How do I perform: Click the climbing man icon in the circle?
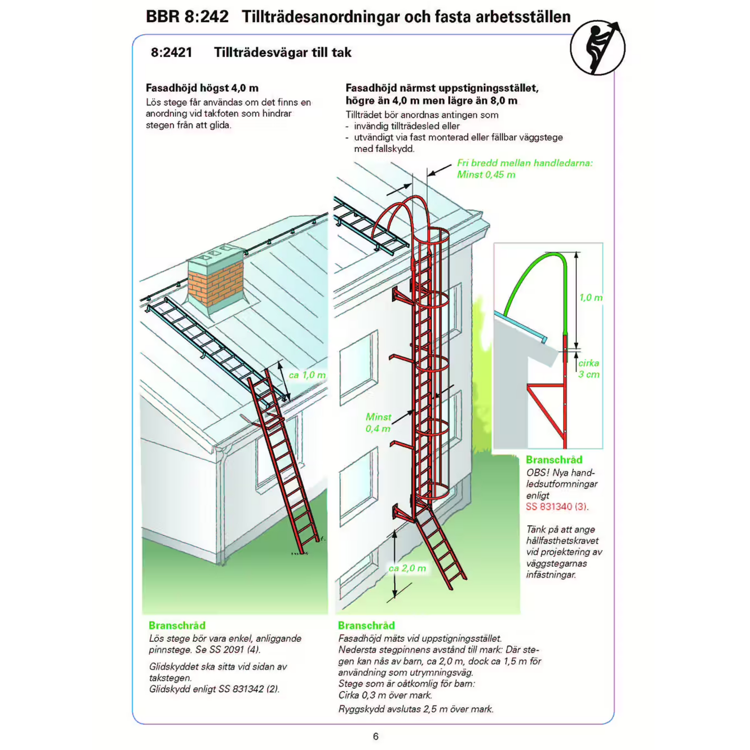597,47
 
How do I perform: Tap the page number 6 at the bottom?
375,736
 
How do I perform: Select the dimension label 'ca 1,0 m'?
307,375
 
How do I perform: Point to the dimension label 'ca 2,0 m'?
407,568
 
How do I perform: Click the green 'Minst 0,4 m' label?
378,423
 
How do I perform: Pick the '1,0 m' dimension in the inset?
590,298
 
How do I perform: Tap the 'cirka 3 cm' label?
589,368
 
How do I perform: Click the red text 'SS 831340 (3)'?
556,506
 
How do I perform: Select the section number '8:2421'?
171,52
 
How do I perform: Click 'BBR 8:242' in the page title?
187,17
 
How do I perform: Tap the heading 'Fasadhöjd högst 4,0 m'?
202,88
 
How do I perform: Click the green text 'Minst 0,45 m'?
486,175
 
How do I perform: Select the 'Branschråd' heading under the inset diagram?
554,460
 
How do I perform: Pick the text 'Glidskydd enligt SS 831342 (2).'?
214,689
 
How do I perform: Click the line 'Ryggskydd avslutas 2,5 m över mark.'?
416,709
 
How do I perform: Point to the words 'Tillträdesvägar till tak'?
283,52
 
